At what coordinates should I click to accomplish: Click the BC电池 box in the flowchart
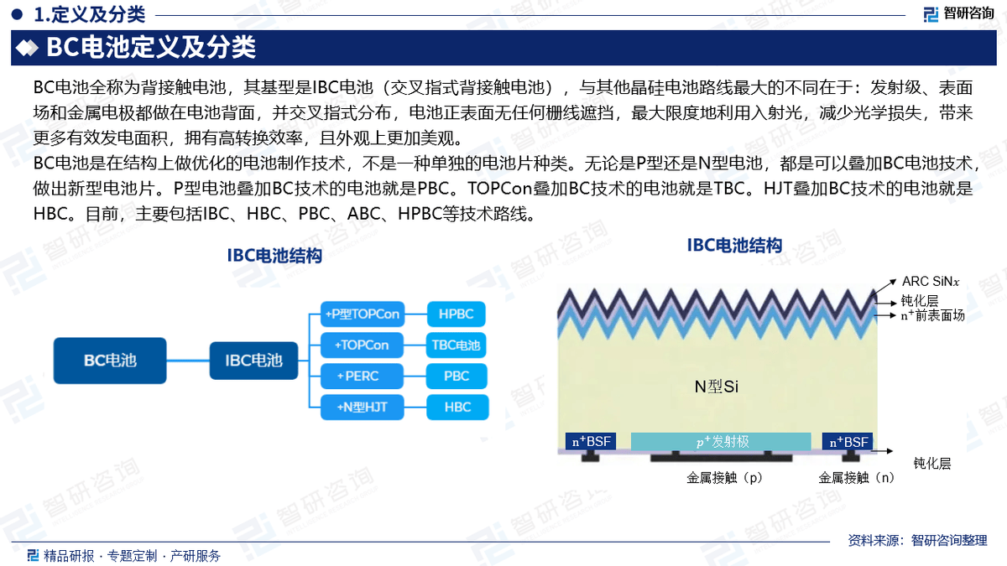pyautogui.click(x=110, y=361)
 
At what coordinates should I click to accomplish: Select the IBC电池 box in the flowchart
pyautogui.click(x=253, y=361)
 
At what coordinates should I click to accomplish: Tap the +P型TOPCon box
pyautogui.click(x=363, y=314)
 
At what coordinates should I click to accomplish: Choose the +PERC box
pyautogui.click(x=362, y=376)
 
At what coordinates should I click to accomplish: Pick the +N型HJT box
pyautogui.click(x=363, y=407)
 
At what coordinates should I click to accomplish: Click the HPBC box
pyautogui.click(x=456, y=314)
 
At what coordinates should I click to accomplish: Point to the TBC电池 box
pyautogui.click(x=456, y=345)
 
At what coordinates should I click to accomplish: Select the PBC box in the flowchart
pyautogui.click(x=457, y=376)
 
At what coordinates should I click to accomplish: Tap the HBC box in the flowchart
pyautogui.click(x=457, y=407)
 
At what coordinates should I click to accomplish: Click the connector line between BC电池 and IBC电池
pyautogui.click(x=188, y=361)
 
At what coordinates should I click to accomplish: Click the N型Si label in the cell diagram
pyautogui.click(x=716, y=387)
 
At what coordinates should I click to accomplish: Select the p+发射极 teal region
pyautogui.click(x=721, y=442)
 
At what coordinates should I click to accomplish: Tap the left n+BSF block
pyautogui.click(x=591, y=442)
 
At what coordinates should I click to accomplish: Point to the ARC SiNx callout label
pyautogui.click(x=931, y=282)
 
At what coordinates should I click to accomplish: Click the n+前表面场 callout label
pyautogui.click(x=932, y=315)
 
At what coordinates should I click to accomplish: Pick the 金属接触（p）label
pyautogui.click(x=725, y=477)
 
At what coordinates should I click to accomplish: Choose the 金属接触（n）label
pyautogui.click(x=857, y=477)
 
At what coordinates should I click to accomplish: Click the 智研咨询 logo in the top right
pyautogui.click(x=958, y=13)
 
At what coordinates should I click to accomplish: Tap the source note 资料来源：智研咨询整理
pyautogui.click(x=917, y=540)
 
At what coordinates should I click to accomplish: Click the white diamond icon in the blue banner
pyautogui.click(x=27, y=48)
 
